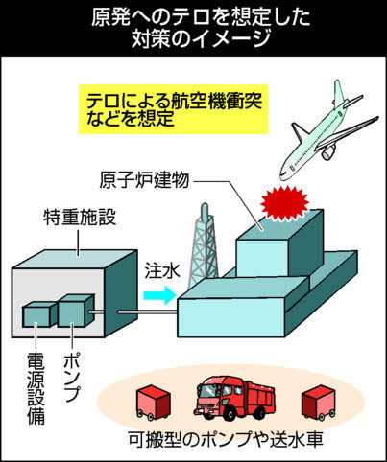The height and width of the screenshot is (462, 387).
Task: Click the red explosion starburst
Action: point(284,203)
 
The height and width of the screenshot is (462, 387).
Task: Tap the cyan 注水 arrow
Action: point(159,295)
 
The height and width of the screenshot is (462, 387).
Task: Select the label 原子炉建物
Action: point(144,180)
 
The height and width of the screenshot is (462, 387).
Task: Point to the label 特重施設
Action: point(80,218)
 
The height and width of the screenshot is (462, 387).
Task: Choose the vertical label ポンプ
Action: point(72,377)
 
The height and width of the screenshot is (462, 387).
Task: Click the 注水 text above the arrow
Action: point(162,271)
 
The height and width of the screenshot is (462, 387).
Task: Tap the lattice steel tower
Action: point(204,246)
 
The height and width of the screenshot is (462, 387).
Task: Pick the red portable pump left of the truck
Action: point(153,403)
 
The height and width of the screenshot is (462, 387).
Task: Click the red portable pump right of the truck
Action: point(319,403)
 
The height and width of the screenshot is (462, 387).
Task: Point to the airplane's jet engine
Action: point(328,152)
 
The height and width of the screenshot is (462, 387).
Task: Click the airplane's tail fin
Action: point(339,92)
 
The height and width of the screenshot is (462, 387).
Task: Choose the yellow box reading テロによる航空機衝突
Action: point(174,109)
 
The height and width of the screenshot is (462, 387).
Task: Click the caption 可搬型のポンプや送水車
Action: point(226,439)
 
